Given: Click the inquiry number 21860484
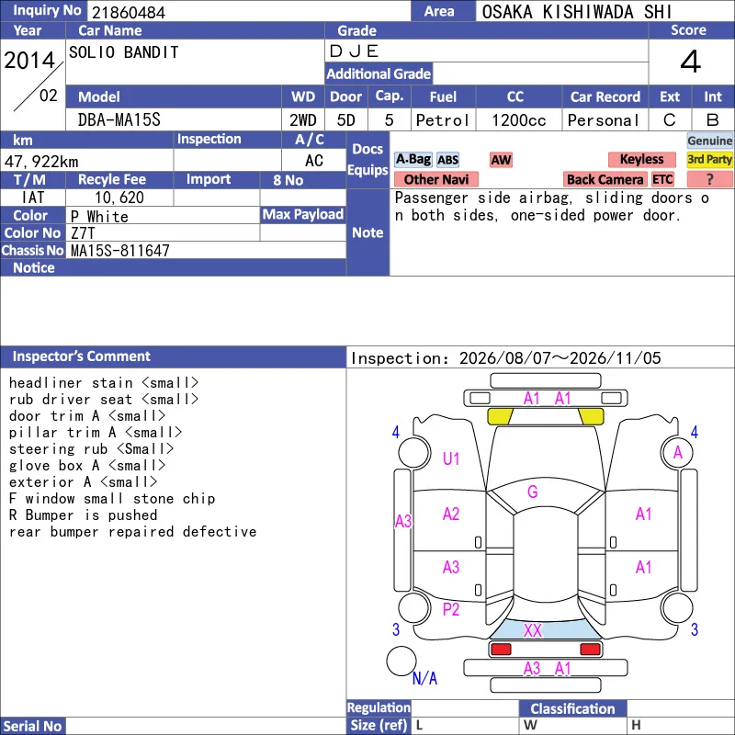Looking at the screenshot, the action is point(129,13).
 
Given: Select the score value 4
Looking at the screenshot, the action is point(691,62).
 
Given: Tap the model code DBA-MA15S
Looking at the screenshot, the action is point(119,120).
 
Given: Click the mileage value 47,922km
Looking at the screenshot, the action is point(41,162).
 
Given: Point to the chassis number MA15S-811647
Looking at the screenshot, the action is point(120,251).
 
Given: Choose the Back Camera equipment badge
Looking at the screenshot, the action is point(605,179).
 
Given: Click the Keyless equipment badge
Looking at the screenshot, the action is point(641,159).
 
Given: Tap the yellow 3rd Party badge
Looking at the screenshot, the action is point(709,159).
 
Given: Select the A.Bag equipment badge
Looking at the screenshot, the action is point(413,159).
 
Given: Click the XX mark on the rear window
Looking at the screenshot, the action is point(533,630).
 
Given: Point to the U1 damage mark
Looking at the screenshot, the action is point(451,458).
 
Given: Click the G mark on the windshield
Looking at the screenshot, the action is point(533,492).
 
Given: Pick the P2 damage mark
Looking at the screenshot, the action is point(451,609).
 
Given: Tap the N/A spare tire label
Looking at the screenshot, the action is point(424,678).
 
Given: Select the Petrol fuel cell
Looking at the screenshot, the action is point(443,120).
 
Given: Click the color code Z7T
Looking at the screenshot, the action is point(83,233).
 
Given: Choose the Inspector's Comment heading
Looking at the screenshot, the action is point(82,356).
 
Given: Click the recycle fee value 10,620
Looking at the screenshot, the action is point(119,198).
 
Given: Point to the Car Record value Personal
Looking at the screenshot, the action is point(604,120).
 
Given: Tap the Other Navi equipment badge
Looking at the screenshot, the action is point(436,179).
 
